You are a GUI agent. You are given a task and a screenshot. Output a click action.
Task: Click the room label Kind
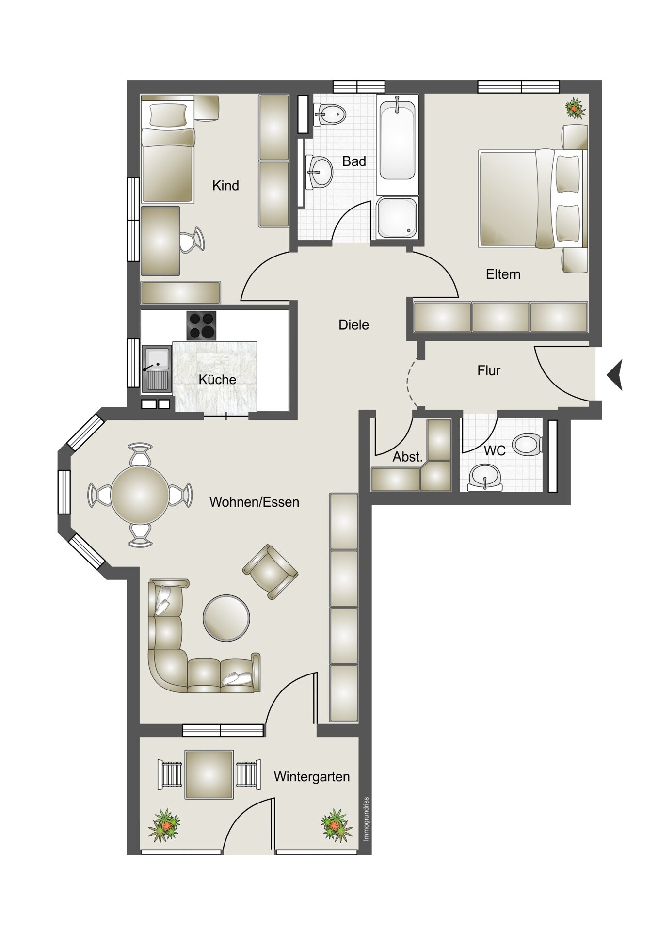coord(225,185)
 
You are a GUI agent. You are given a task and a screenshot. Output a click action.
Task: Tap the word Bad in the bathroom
coord(354,161)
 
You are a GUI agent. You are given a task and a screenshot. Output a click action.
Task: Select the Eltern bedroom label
coord(503,274)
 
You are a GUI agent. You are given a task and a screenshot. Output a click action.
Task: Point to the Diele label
coord(353,325)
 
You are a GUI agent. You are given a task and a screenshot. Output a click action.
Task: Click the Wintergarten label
coord(311,777)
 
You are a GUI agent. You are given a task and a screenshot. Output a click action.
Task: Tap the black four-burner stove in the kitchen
coord(201,325)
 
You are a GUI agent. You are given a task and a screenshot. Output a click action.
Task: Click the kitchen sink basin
coord(156,359)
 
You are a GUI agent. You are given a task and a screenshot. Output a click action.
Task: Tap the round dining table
coord(140,495)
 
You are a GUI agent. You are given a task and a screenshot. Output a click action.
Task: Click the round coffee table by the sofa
coord(226,618)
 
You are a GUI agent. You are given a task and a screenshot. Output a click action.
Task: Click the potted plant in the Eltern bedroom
coord(575,108)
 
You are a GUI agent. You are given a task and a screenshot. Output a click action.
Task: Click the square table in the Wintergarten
coord(209,774)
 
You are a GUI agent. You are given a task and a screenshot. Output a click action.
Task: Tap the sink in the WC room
coord(485,477)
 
